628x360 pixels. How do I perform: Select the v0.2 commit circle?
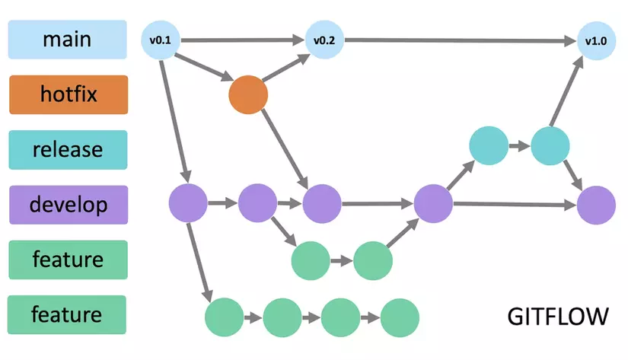pyautogui.click(x=320, y=40)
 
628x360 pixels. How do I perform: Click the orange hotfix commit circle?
pyautogui.click(x=248, y=95)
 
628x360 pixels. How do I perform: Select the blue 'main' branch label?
pyautogui.click(x=67, y=39)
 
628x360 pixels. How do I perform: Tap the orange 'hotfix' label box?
pyautogui.click(x=67, y=94)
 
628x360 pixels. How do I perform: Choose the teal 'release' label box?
pyautogui.click(x=67, y=149)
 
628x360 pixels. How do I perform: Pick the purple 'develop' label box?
pyautogui.click(x=67, y=204)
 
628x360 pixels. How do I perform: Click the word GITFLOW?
pyautogui.click(x=557, y=316)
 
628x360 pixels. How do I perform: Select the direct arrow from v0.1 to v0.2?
pyautogui.click(x=240, y=40)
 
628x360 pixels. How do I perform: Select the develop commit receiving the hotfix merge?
pyautogui.click(x=321, y=204)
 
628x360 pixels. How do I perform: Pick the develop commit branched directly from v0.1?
pyautogui.click(x=187, y=204)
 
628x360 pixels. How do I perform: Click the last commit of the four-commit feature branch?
pyautogui.click(x=400, y=316)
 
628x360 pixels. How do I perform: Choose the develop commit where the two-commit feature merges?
pyautogui.click(x=432, y=204)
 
